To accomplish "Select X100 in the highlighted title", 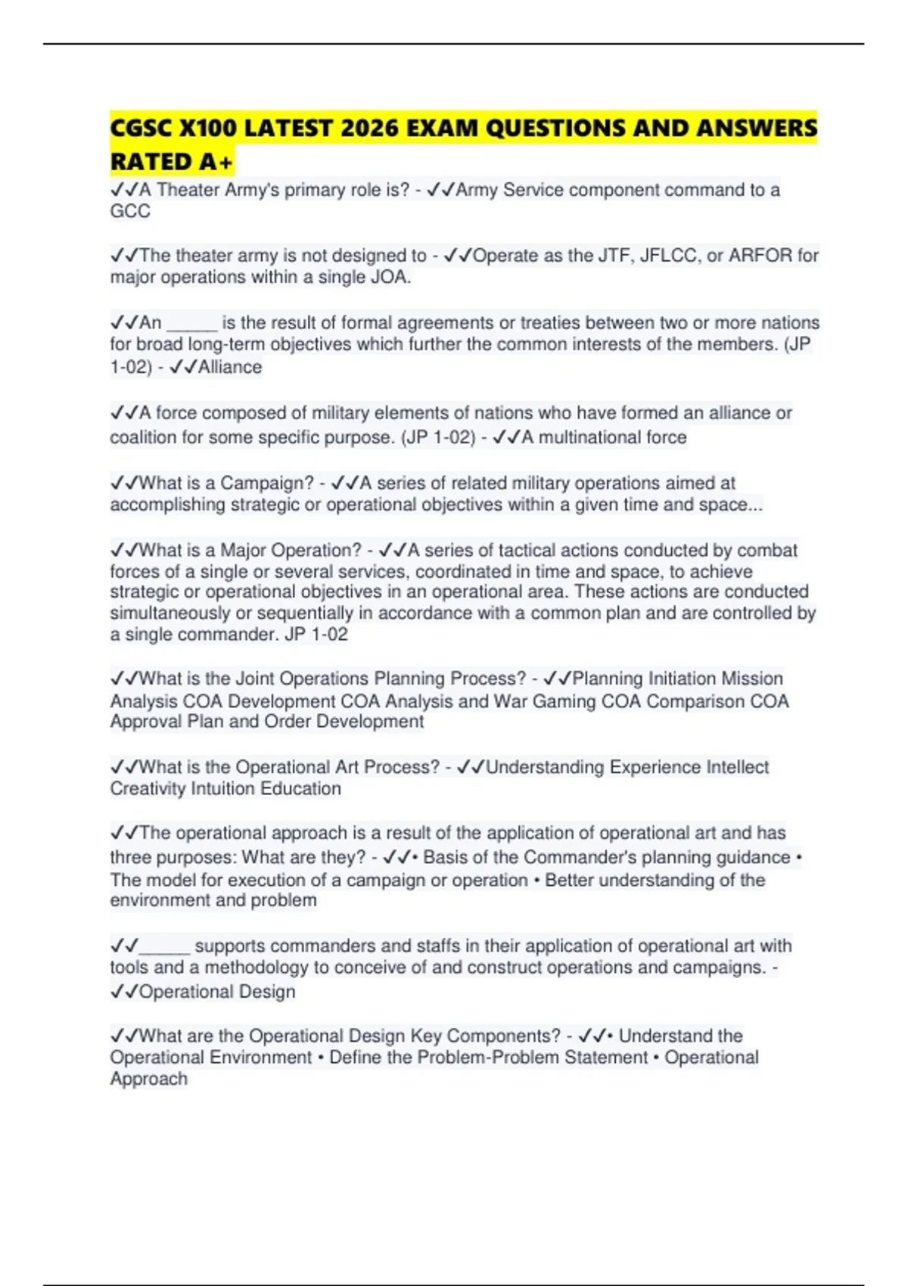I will (x=207, y=129).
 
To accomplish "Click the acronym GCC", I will (x=130, y=211).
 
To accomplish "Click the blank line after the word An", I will (x=192, y=324).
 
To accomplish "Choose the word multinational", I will (x=588, y=437).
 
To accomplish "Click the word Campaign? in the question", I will (x=266, y=483).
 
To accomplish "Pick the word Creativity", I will (x=148, y=789).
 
